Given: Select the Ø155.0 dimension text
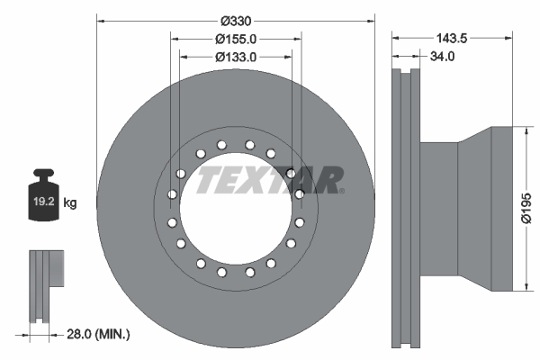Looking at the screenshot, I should [x=236, y=39].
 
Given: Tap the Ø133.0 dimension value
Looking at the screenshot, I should [x=236, y=57].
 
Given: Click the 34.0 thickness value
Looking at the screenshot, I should [x=443, y=57].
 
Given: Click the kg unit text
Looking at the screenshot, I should [x=70, y=203].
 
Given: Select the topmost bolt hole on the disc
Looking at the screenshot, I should [x=235, y=142].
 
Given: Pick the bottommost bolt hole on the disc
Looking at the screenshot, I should [x=235, y=273].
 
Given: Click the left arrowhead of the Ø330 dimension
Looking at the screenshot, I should [x=100, y=20].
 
